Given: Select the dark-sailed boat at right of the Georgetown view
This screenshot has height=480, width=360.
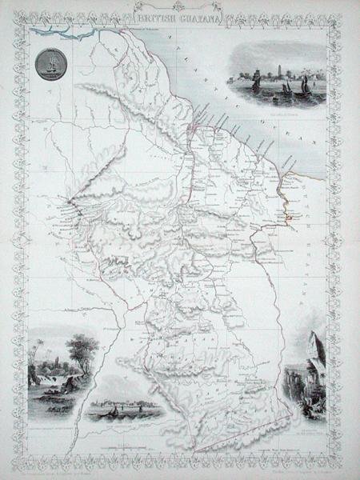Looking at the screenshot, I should (x=305, y=86).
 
